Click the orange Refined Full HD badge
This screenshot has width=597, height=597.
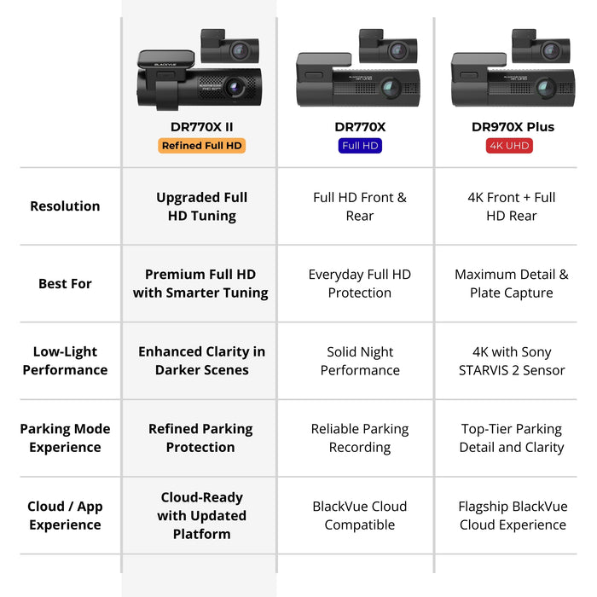pos(201,146)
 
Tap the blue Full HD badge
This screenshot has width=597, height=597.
pos(360,146)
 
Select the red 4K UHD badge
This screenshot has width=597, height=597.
pos(509,146)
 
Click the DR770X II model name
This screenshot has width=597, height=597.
pos(201,127)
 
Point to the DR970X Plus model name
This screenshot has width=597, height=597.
pos(513,127)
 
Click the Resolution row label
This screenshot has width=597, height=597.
pos(65,206)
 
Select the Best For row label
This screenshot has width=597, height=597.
pos(65,284)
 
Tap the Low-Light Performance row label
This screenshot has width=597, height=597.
pos(65,361)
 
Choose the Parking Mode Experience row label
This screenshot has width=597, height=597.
pos(65,438)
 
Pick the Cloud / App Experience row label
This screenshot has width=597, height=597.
pos(65,515)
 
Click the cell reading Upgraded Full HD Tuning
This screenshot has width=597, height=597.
pos(201,206)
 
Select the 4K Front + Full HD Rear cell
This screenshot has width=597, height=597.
pos(512,206)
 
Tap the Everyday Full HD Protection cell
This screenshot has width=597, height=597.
pos(360,284)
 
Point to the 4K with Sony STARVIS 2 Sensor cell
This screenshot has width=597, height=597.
pos(512,361)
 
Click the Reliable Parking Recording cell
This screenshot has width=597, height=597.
pos(360,438)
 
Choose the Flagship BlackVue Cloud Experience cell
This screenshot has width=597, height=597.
pos(512,515)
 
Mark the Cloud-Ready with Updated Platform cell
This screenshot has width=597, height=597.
pos(201,515)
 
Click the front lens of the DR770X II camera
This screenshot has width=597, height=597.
pos(233,88)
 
